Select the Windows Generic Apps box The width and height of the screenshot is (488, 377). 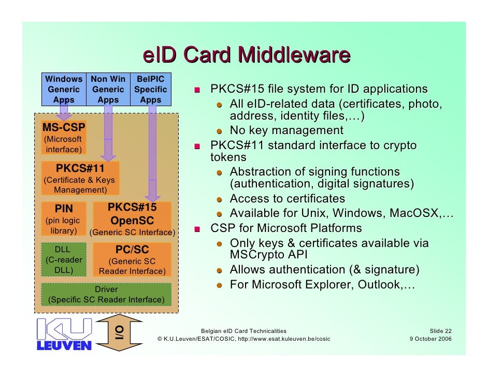[64, 89]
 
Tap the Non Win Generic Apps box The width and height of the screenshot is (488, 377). [108, 89]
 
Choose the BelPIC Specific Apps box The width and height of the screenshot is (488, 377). [150, 89]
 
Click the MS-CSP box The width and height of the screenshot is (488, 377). [64, 137]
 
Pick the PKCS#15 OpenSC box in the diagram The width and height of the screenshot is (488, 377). [133, 220]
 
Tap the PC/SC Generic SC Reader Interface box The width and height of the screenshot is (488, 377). [132, 259]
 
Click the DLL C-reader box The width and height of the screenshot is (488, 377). [63, 259]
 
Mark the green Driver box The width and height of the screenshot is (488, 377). [106, 295]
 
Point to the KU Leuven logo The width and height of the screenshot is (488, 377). [64, 334]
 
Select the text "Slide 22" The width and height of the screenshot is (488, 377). [440, 330]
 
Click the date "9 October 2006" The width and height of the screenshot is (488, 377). [430, 339]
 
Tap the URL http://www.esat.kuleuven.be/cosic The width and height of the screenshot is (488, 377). [283, 339]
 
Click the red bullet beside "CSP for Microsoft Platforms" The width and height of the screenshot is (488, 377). [196, 229]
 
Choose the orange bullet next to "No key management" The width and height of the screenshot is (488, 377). [220, 130]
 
